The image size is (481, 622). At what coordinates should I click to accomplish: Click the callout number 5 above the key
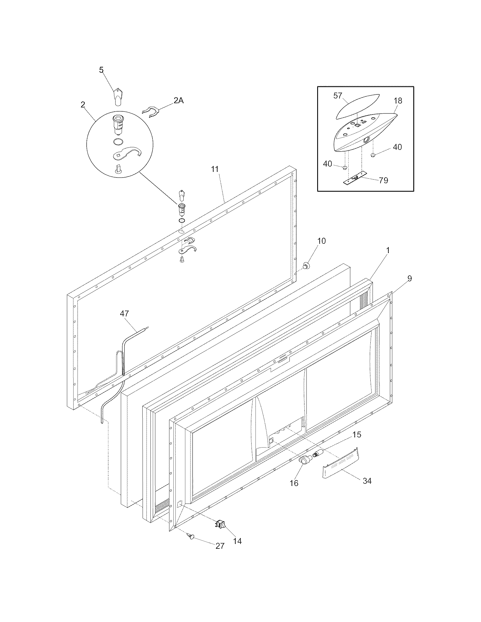pos(102,70)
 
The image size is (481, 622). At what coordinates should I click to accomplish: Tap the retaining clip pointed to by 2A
pos(150,112)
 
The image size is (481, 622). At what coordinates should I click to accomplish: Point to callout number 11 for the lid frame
pos(214,169)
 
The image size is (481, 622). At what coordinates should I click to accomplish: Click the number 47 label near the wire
pos(124,314)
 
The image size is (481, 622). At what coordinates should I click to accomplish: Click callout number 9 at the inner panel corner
pos(409,279)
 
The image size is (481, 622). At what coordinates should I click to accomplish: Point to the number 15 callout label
pos(357,435)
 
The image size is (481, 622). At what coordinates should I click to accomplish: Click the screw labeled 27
pos(190,536)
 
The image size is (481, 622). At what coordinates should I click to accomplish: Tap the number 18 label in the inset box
pos(398,101)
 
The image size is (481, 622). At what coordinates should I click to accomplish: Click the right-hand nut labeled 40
pos(372,155)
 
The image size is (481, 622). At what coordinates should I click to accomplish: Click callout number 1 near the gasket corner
pos(388,250)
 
